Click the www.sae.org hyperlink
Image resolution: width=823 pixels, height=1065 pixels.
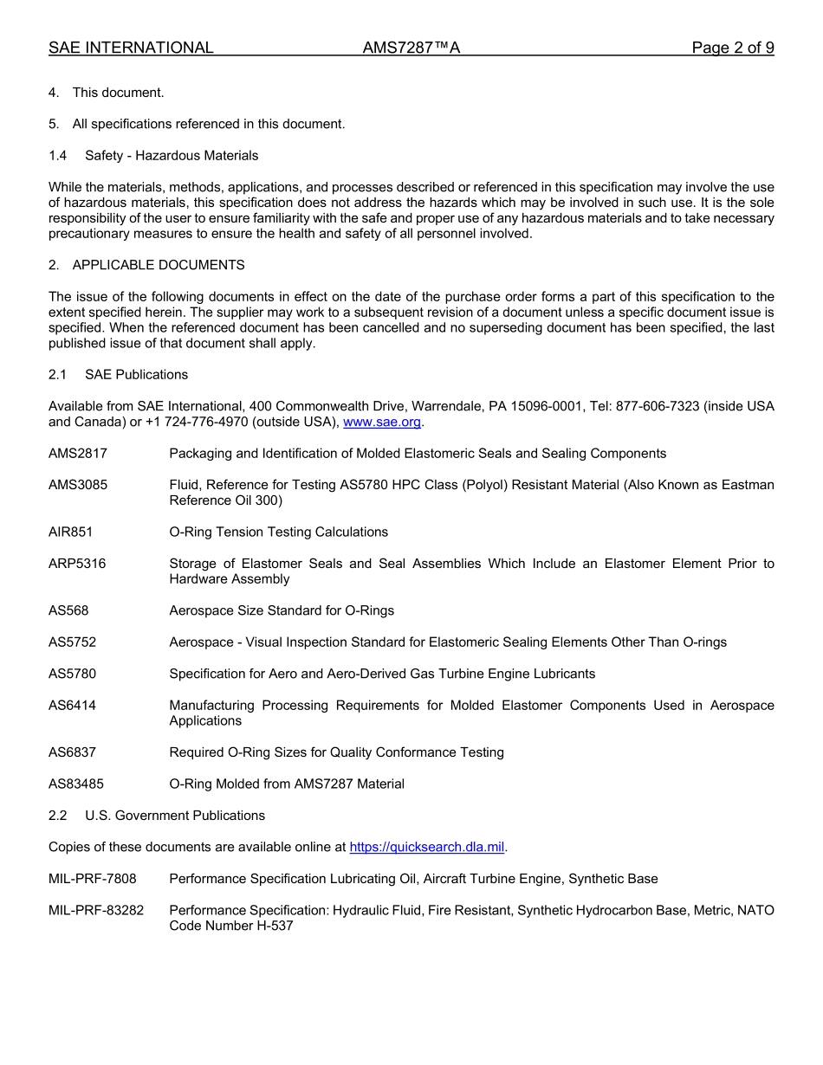point(382,422)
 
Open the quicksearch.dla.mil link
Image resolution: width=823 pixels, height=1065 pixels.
point(427,847)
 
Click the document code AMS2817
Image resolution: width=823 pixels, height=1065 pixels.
point(78,454)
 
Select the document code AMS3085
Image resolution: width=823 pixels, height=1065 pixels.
point(78,485)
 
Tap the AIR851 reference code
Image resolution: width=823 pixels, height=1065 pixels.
point(71,532)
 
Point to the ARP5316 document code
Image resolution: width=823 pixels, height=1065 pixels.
point(77,564)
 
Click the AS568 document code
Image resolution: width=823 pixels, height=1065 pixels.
point(68,610)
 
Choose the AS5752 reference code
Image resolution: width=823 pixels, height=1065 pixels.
point(73,642)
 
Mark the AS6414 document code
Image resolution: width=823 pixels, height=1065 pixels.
point(73,706)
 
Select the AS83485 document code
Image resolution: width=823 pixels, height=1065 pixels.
point(76,784)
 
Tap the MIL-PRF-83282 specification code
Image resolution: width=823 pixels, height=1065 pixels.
point(96,910)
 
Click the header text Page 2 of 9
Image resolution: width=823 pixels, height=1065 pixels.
point(732,48)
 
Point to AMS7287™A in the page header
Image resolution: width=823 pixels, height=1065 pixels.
point(411,48)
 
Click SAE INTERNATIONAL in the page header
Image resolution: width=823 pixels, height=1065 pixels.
point(131,48)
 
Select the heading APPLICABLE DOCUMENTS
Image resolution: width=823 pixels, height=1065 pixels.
point(159,265)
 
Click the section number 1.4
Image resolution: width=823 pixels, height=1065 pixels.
point(58,156)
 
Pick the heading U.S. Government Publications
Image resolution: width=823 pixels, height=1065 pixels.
point(175,816)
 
